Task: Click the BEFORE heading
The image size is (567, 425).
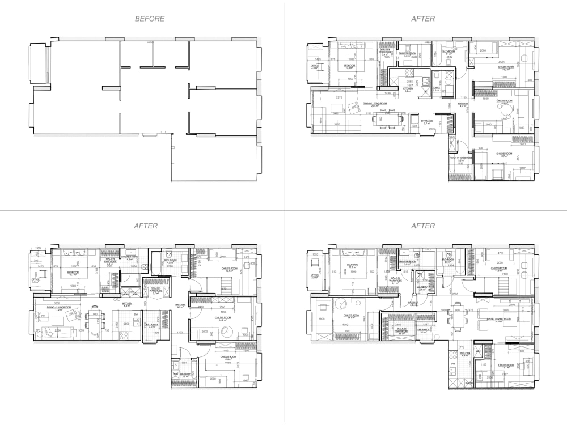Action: click(x=150, y=19)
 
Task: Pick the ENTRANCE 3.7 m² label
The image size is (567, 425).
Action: click(x=428, y=122)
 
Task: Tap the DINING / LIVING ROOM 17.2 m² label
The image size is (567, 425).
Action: click(x=58, y=309)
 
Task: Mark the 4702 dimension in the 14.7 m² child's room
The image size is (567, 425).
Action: click(x=344, y=325)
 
